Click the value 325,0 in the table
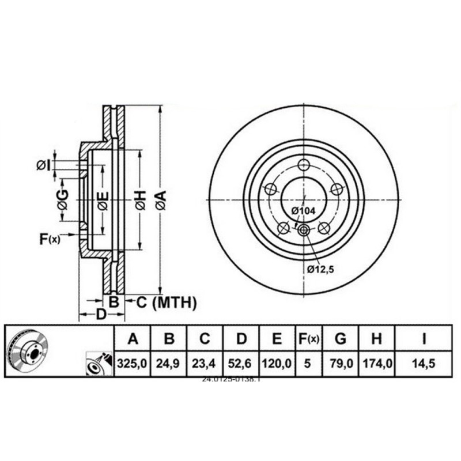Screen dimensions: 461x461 coord(133,365)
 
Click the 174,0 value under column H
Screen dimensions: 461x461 coord(376,365)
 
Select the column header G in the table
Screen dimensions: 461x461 coord(341,339)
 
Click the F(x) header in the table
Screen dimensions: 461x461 coord(308,339)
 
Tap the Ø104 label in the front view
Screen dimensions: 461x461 coord(303,211)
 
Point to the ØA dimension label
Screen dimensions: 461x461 coord(161,200)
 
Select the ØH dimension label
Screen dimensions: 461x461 coord(140,200)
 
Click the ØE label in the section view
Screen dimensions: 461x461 coord(103,200)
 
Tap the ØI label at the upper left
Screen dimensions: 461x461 coord(43,165)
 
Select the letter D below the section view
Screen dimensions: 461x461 coord(101,315)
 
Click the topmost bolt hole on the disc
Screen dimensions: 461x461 coord(304,164)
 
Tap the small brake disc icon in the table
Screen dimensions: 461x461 coord(28,351)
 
